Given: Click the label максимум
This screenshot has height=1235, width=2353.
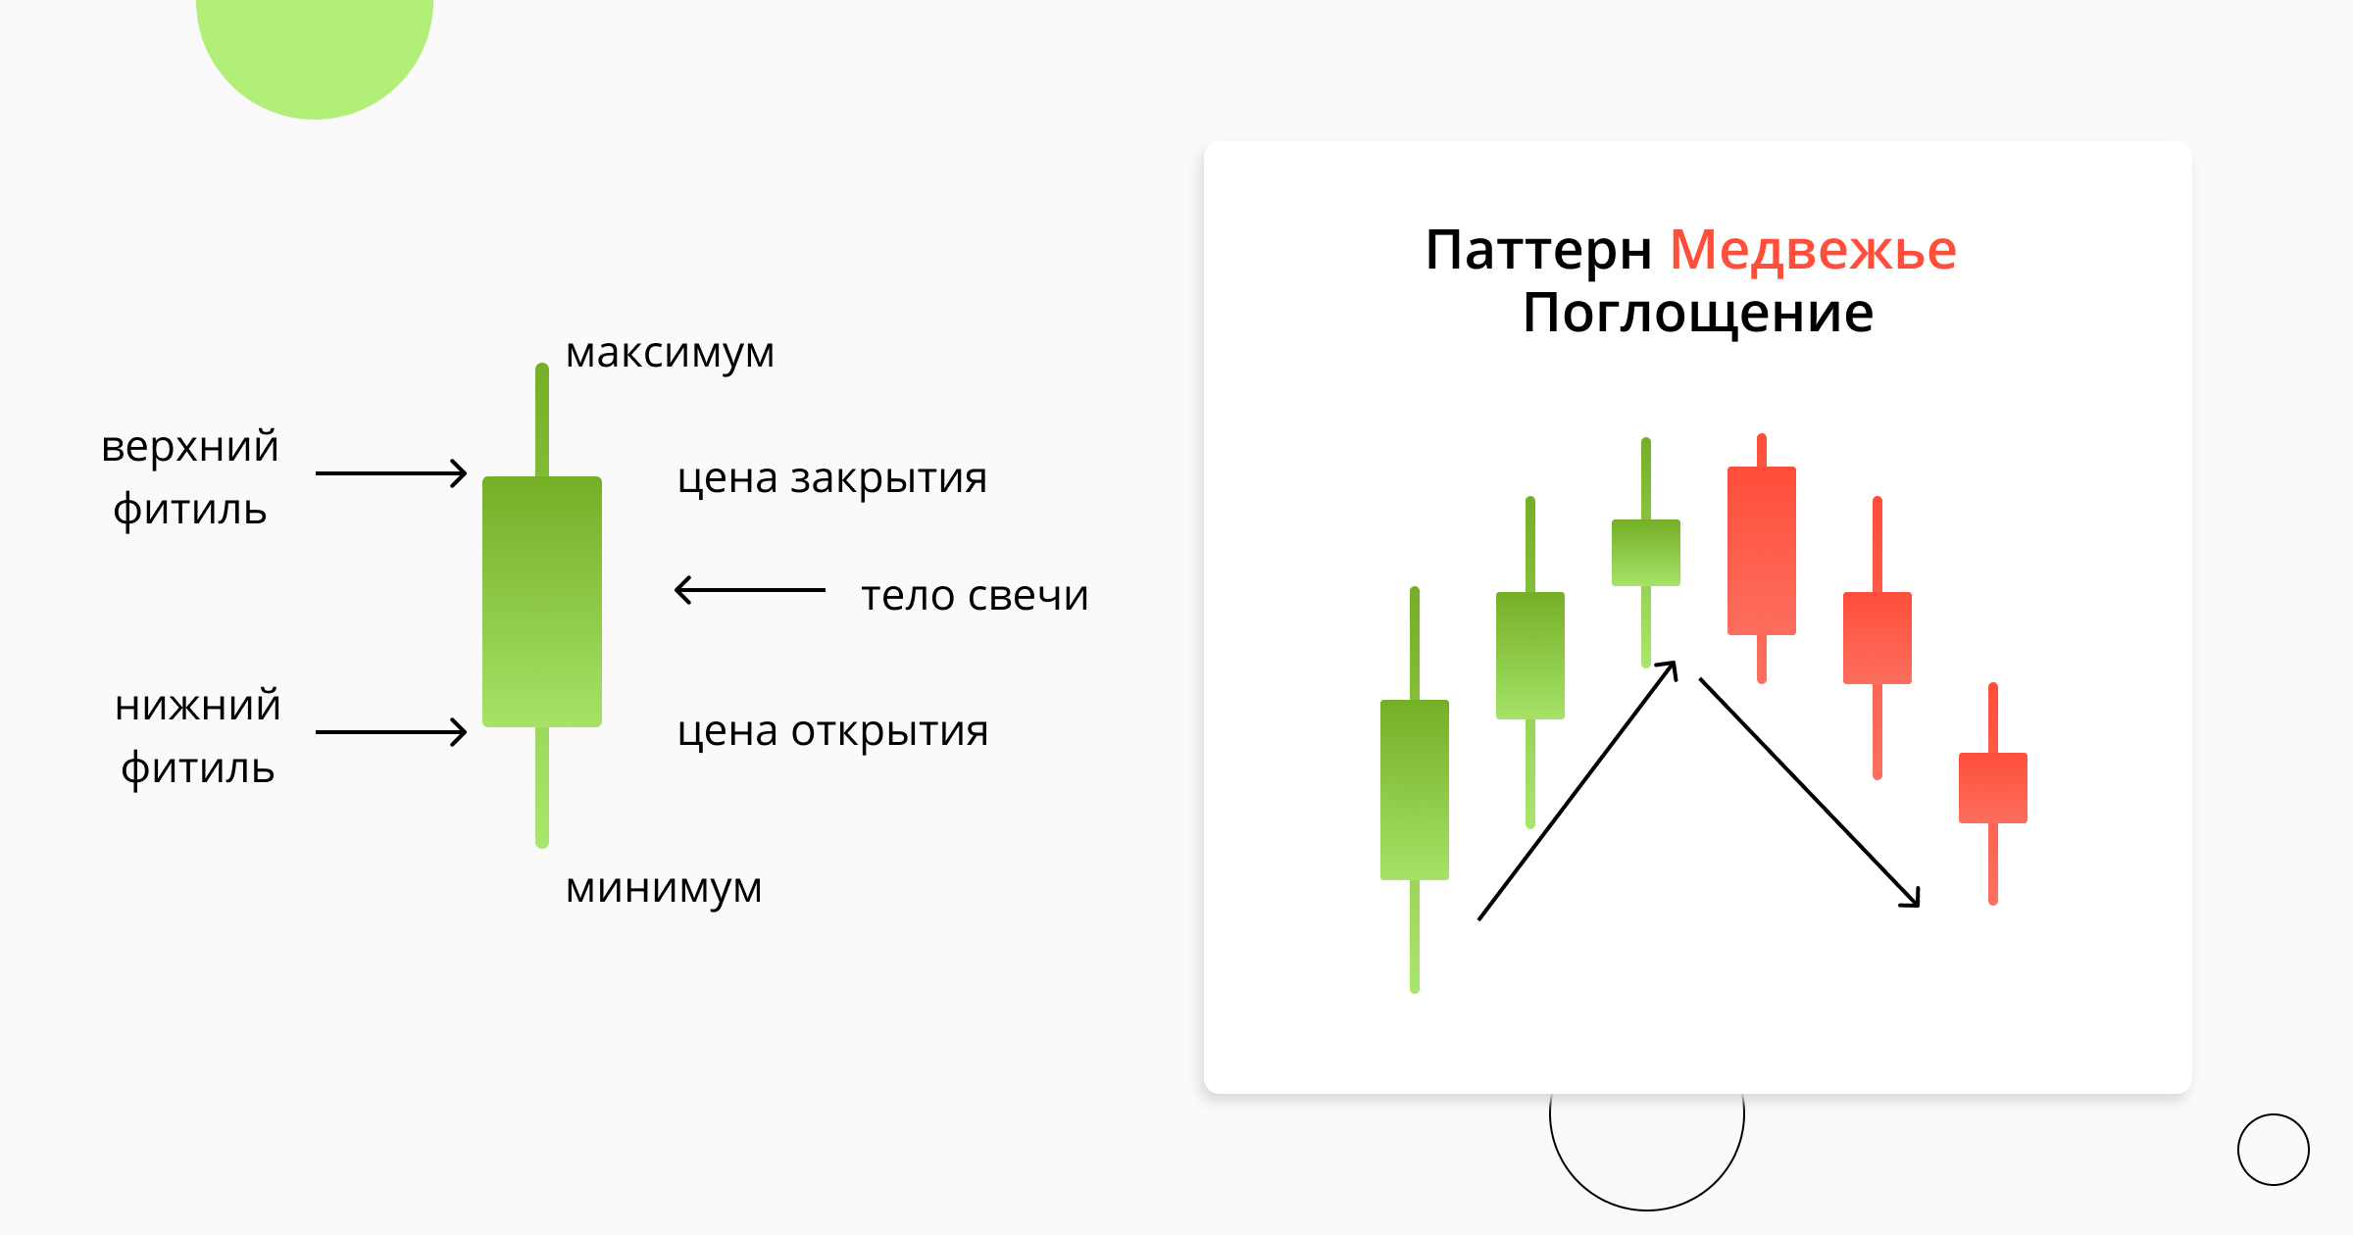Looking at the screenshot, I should click(670, 354).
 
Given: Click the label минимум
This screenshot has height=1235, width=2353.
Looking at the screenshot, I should click(664, 888).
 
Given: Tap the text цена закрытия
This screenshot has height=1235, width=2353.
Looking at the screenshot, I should click(831, 478).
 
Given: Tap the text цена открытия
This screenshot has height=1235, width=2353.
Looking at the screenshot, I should click(832, 731).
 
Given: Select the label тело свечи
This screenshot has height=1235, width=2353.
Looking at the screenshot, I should click(975, 595).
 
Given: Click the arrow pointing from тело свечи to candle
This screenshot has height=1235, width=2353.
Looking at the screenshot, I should click(750, 590).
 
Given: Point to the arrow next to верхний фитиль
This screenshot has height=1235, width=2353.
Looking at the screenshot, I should click(391, 473).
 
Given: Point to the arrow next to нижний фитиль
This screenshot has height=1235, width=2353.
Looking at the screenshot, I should click(391, 732).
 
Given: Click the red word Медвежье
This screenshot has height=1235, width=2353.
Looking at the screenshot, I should click(1813, 250).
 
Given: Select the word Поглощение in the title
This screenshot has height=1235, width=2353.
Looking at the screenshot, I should click(1698, 314).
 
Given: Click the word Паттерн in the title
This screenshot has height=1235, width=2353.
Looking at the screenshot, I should click(1539, 250).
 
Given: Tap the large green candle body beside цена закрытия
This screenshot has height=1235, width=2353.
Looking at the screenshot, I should click(542, 601).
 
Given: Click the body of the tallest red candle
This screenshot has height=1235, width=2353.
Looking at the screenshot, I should click(1762, 550).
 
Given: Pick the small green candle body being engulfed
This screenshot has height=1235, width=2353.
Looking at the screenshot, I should click(1646, 553).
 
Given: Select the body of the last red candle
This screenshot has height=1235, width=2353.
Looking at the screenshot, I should click(1992, 788).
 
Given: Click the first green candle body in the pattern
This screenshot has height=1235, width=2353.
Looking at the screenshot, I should click(1415, 789).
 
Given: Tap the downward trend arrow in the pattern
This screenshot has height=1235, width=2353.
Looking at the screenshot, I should click(1809, 792).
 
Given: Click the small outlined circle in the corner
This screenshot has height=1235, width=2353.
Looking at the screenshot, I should click(2273, 1150).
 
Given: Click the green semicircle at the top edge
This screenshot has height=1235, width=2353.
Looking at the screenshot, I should click(315, 49).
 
